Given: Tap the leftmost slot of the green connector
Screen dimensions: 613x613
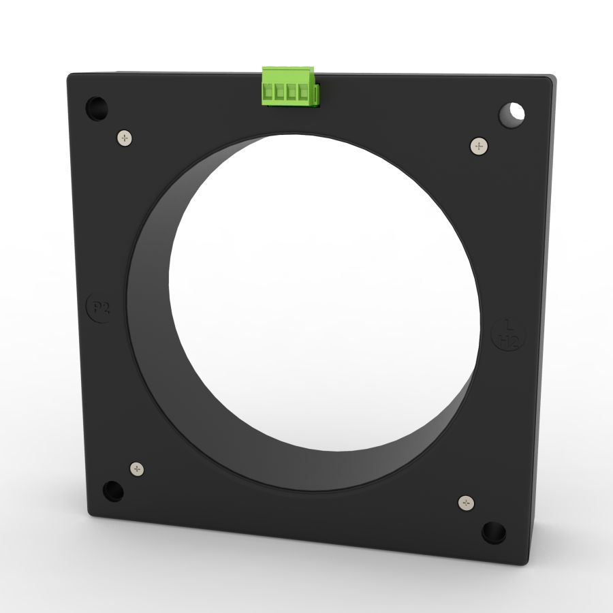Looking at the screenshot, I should [x=268, y=93].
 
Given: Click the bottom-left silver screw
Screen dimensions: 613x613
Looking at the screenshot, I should [x=138, y=469].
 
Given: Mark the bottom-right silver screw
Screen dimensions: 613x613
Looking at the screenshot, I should [x=466, y=503].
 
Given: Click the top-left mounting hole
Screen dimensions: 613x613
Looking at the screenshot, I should [x=97, y=107].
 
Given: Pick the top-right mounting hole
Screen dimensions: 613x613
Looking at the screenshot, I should [x=514, y=112].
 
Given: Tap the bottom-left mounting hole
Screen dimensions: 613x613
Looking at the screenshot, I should [x=112, y=490].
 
